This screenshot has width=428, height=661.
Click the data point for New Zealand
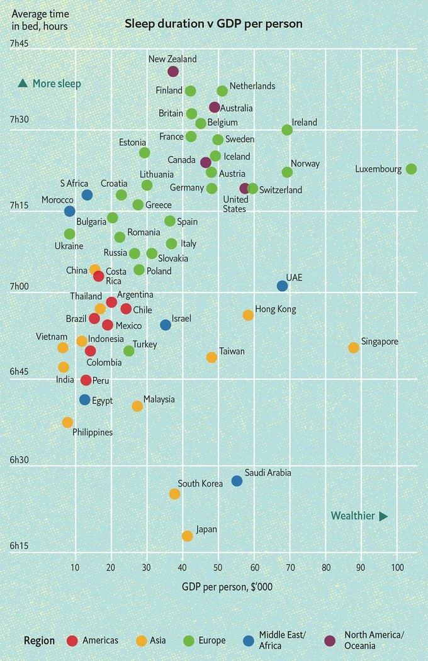click(x=173, y=72)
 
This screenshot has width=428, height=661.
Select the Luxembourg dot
click(x=411, y=169)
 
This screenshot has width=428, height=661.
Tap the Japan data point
click(x=187, y=536)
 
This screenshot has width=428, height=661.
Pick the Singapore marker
click(x=354, y=347)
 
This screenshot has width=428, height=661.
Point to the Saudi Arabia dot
click(x=237, y=480)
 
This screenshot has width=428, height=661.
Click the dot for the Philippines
click(x=67, y=422)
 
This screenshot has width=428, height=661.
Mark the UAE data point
click(x=282, y=286)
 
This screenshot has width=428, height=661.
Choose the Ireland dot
click(x=287, y=130)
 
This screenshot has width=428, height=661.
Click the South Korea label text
click(x=200, y=484)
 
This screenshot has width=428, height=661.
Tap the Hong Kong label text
click(x=275, y=309)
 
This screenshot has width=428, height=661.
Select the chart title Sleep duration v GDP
click(x=213, y=24)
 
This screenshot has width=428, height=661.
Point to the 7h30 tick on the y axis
click(x=18, y=119)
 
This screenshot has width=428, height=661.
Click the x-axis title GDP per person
click(x=227, y=587)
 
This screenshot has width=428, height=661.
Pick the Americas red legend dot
click(x=72, y=640)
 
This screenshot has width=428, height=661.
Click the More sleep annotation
click(x=50, y=83)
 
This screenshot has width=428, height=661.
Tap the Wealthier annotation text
click(x=353, y=516)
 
